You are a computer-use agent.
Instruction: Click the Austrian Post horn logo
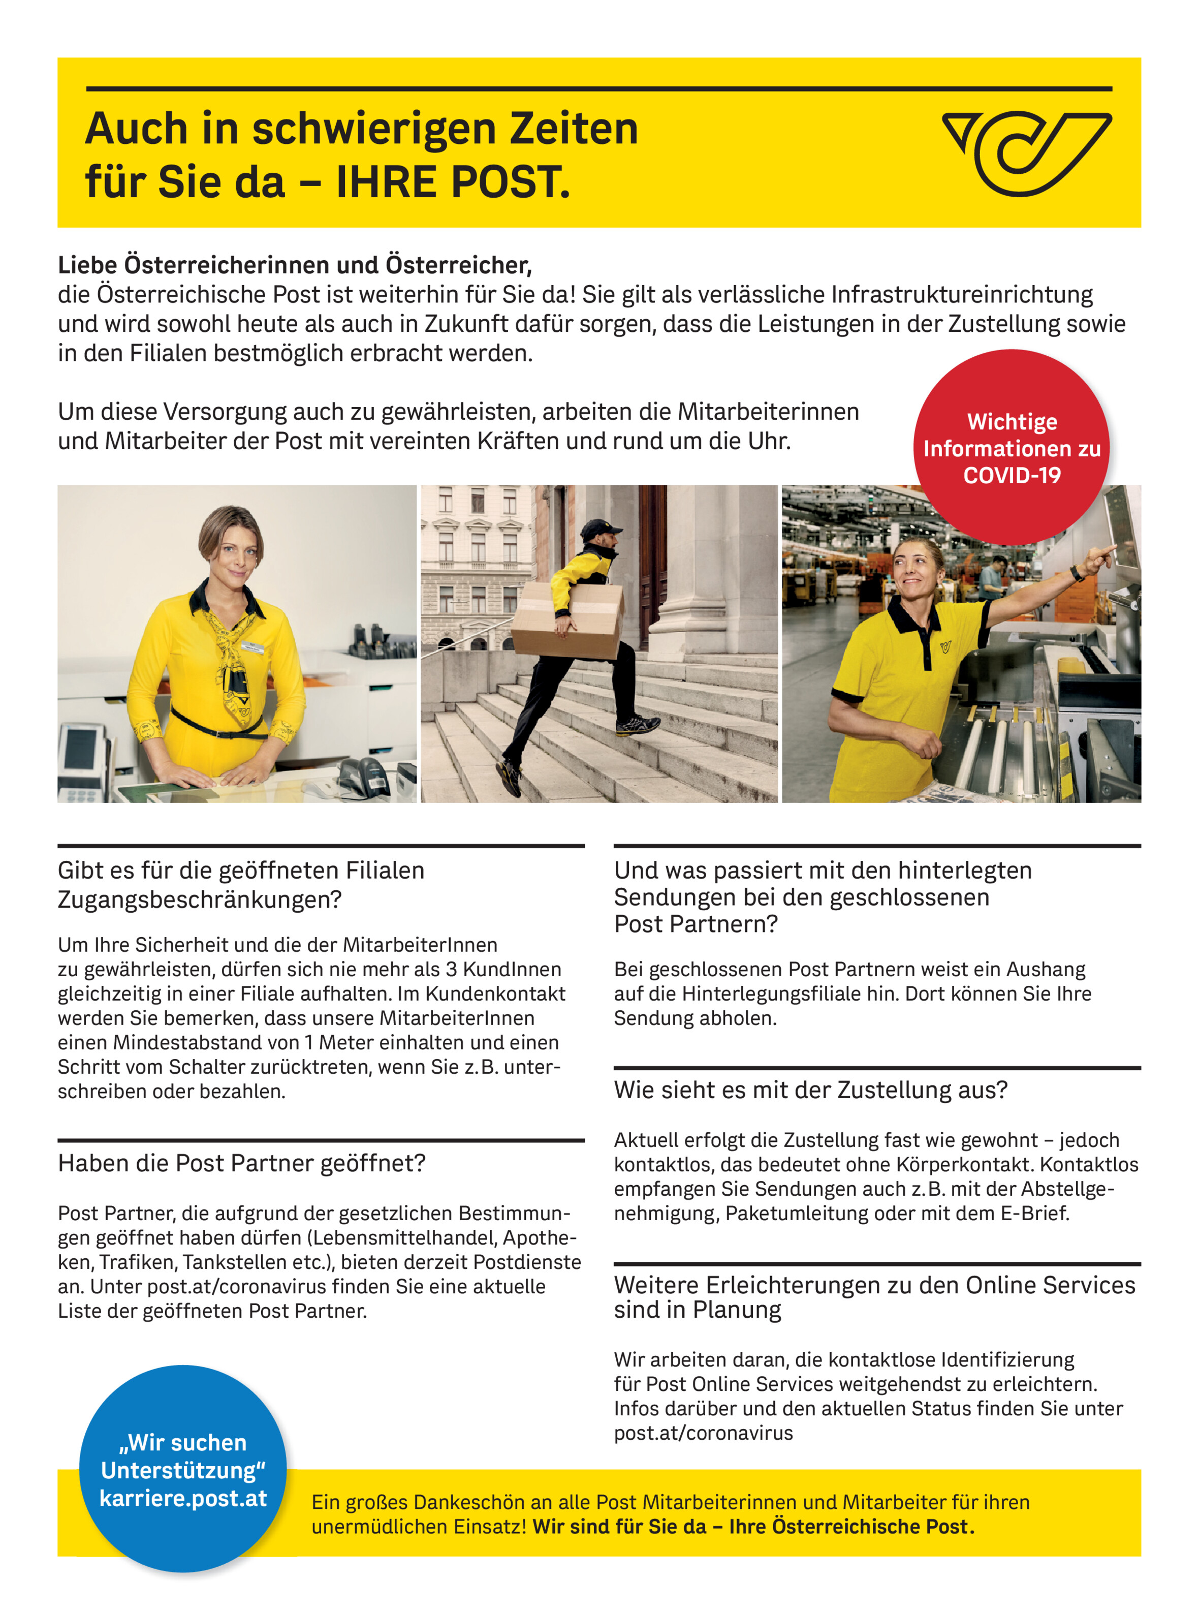pos(1026,152)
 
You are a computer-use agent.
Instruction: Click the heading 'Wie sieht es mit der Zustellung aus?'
pos(811,1089)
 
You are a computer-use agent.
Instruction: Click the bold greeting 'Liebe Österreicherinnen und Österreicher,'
pos(295,265)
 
